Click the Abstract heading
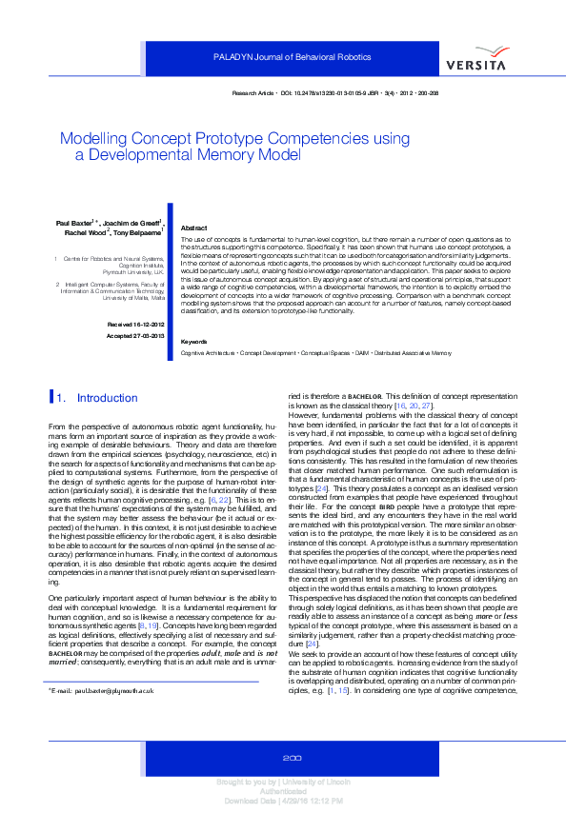tap(193, 229)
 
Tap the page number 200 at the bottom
tap(293, 757)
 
